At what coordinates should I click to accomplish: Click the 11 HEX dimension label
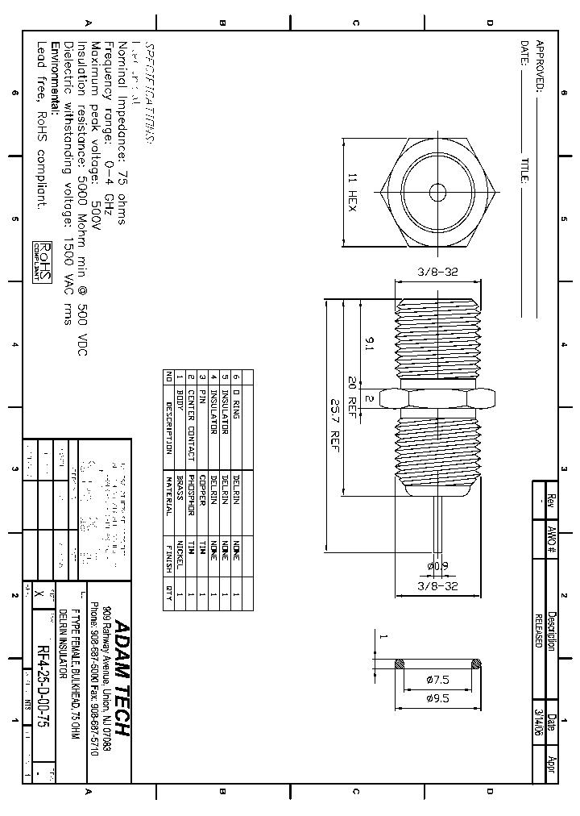(352, 192)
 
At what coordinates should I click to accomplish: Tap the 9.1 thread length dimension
(369, 344)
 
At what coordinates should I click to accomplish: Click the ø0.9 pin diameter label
(438, 566)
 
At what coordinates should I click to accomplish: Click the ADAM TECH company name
(121, 677)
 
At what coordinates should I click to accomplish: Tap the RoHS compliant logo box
(42, 261)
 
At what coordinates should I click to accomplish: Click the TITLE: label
(524, 170)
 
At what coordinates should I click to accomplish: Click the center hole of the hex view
(437, 193)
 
